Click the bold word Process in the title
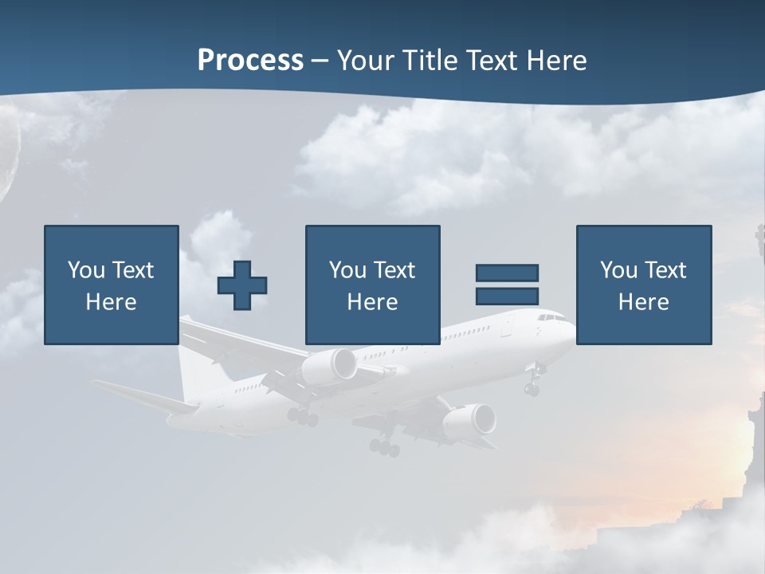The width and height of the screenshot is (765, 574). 250,61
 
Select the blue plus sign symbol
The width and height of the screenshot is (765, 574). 242,285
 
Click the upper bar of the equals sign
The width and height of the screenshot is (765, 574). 507,273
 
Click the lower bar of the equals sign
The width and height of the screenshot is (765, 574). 507,296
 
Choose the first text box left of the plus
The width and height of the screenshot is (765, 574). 111,285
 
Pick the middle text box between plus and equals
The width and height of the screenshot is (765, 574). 372,285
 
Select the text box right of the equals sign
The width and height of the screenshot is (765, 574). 643,285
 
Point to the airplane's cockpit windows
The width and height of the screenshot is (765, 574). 551,317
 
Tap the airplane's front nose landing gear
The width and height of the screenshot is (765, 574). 532,387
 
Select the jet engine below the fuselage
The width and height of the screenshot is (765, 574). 469,421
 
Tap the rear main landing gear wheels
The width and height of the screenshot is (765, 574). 384,447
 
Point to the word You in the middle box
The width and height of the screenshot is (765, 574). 347,270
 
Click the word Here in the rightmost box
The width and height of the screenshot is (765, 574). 643,301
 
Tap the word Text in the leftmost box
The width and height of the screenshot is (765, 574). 132,270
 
